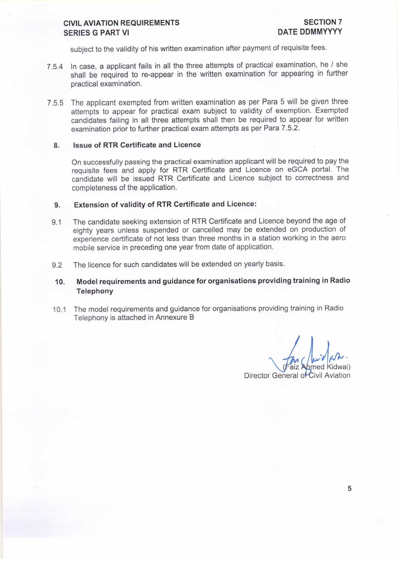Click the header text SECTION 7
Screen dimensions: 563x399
pos(323,22)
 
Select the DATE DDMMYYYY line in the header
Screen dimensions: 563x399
pos(310,32)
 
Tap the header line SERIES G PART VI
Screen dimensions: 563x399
pos(96,33)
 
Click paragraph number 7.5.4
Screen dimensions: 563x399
pos(55,67)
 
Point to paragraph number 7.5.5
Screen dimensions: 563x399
pos(55,103)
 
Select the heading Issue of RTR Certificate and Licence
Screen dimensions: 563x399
pos(137,145)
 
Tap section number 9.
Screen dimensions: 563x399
pos(57,205)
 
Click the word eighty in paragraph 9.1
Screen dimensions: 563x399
pos(83,230)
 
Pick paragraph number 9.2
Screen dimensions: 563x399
pos(57,265)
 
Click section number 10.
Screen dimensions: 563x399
pos(60,282)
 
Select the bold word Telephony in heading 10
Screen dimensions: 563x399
pos(95,291)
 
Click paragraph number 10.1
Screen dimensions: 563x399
pos(59,310)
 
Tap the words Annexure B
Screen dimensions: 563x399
pos(174,318)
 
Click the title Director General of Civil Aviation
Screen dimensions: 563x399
pos(297,376)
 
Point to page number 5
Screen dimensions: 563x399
pos(350,489)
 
